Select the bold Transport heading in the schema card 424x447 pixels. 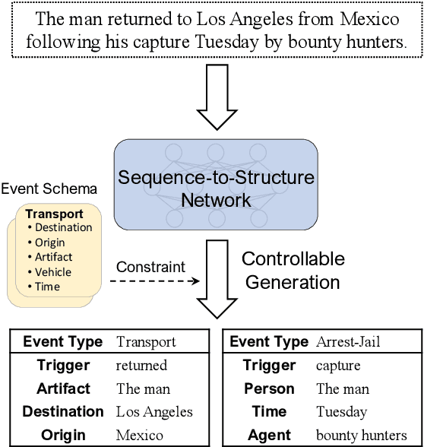pos(55,214)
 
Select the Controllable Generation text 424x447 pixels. pos(293,270)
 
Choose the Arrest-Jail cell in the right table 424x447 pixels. pos(348,342)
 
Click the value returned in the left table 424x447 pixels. pos(141,366)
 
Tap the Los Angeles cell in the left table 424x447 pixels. pos(154,412)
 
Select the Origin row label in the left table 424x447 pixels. pos(63,435)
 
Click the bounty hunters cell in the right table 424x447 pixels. pos(362,435)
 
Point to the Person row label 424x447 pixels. pos(269,388)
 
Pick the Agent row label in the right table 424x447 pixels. pos(269,435)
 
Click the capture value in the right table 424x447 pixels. pos(338,366)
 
